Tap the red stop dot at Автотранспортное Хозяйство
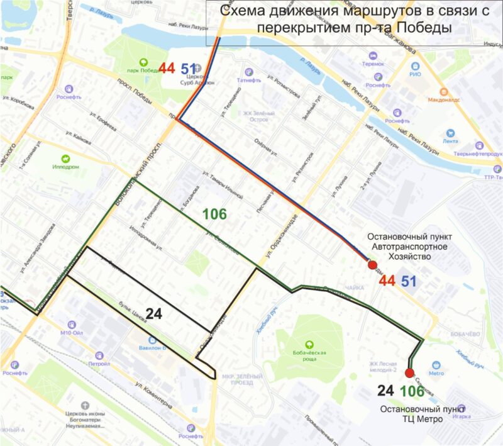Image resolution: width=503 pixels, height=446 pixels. click(372, 265)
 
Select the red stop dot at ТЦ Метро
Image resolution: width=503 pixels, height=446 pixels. click(410, 373)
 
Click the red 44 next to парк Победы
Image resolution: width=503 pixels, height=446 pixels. click(167, 68)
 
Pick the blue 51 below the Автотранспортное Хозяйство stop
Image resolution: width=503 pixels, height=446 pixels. click(409, 281)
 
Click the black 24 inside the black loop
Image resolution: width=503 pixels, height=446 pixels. click(154, 314)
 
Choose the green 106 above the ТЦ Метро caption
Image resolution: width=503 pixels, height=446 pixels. click(412, 391)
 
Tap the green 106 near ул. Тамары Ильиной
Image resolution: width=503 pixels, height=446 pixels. click(214, 214)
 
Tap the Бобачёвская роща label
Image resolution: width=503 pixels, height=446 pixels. click(309, 354)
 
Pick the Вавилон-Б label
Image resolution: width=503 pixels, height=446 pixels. click(152, 347)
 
